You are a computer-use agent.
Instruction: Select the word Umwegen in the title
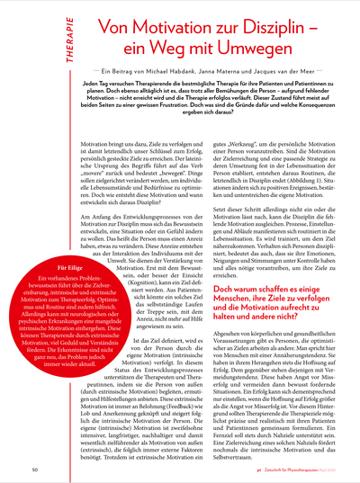click(x=245, y=52)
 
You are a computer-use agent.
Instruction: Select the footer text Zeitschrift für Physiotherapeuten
click(x=271, y=469)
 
